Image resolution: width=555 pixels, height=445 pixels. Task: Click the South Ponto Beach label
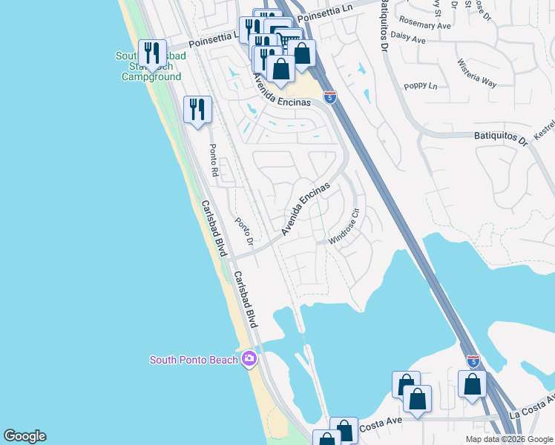(x=194, y=360)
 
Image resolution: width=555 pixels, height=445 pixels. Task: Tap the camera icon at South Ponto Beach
(x=249, y=360)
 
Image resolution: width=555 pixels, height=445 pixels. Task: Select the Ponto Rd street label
(x=212, y=159)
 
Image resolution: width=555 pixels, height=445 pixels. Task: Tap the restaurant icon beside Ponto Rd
(x=197, y=111)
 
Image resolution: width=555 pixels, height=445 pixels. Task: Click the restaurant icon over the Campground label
(x=151, y=53)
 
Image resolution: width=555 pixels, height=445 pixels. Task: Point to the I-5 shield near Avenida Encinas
(x=330, y=96)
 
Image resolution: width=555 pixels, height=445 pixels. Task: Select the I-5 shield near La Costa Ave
(x=473, y=360)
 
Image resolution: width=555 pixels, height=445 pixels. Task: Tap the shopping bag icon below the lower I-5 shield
(x=473, y=385)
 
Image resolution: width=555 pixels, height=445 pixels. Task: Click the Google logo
(x=24, y=436)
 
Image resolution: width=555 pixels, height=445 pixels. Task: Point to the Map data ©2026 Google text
(x=510, y=439)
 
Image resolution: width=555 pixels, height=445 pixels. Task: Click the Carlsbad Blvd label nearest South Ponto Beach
(x=245, y=300)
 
